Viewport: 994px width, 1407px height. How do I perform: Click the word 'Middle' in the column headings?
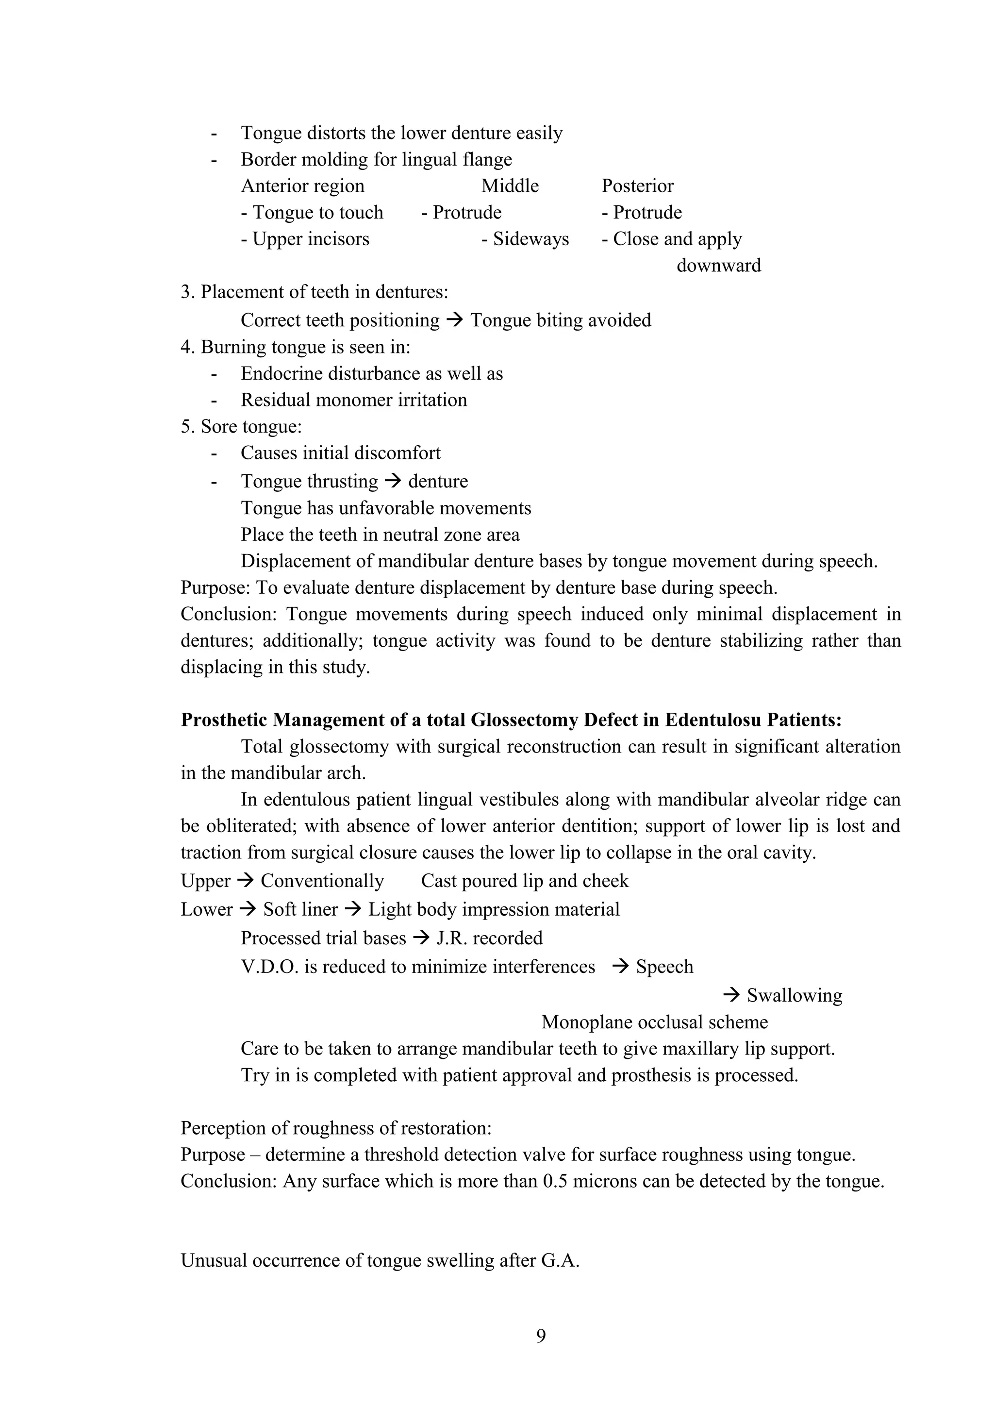pos(510,185)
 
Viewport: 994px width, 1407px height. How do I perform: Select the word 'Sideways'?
pos(530,239)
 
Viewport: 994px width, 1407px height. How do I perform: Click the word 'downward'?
pos(718,266)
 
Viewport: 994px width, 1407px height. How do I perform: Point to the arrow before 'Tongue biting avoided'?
pos(454,320)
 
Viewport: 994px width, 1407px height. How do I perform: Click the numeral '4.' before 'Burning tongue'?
pos(187,347)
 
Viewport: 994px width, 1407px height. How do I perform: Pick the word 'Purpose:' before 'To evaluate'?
pos(215,587)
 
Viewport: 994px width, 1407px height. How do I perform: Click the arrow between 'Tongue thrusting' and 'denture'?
pos(393,481)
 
